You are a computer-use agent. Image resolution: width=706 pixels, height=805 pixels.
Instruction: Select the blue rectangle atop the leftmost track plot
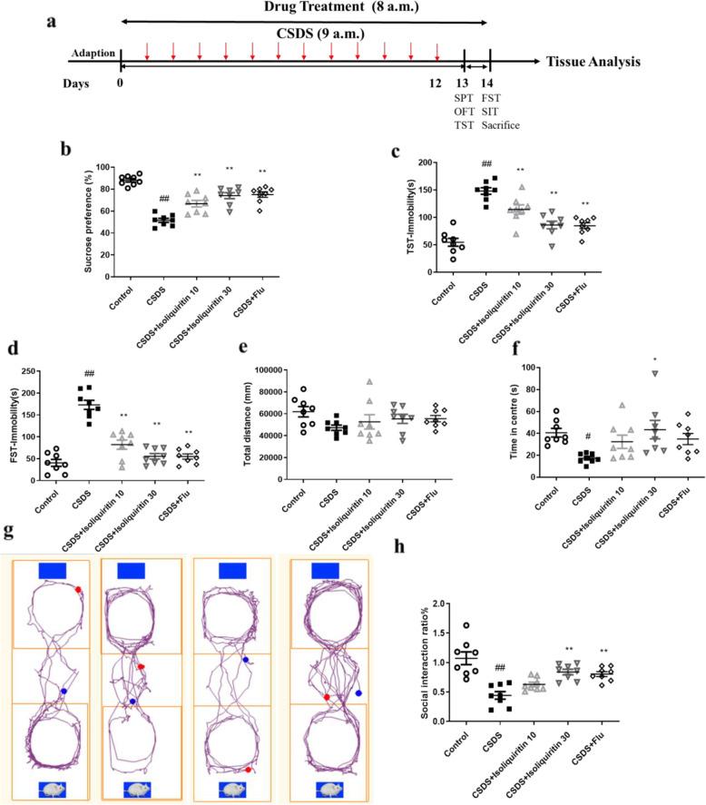[52, 570]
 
